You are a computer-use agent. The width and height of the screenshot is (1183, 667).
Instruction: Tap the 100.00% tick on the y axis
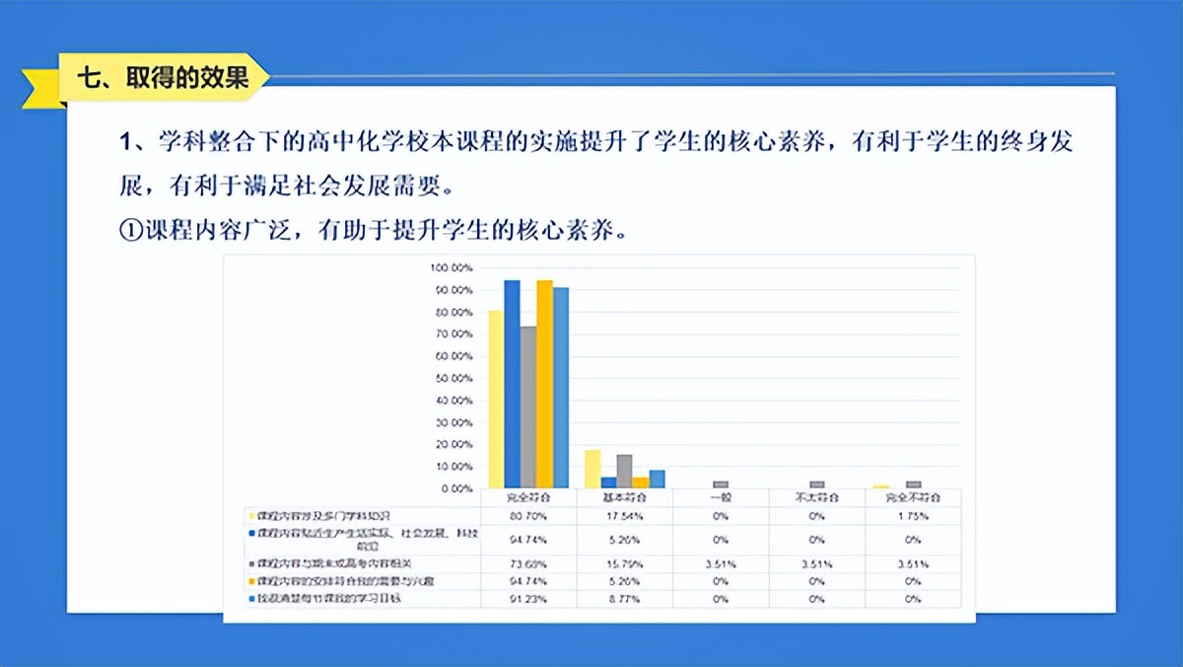click(452, 268)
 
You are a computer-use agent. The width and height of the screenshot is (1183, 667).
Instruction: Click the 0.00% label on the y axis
click(456, 488)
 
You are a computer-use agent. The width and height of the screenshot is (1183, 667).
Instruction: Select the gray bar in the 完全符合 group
click(528, 407)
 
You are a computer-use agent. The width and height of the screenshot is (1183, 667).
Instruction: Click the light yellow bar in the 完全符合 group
click(496, 399)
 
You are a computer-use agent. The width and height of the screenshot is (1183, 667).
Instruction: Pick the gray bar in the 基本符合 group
click(624, 471)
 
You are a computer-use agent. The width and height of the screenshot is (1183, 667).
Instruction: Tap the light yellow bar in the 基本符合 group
click(592, 469)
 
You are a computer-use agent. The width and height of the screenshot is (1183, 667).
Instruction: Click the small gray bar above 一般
click(721, 484)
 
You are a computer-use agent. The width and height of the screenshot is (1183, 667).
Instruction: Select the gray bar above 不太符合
click(816, 484)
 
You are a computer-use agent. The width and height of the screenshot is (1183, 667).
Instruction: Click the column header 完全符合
click(528, 497)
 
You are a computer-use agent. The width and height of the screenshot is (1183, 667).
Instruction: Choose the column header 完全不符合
click(913, 497)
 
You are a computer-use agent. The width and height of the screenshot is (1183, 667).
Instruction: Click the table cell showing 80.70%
click(528, 515)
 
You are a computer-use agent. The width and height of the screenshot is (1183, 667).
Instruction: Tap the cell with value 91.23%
click(528, 599)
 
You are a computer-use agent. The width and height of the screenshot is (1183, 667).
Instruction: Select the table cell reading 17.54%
click(624, 515)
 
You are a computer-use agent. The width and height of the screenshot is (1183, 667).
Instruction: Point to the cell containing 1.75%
click(913, 515)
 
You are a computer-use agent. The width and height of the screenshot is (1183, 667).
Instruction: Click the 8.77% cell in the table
click(624, 599)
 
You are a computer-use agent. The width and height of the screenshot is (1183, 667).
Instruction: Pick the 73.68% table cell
click(528, 564)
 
